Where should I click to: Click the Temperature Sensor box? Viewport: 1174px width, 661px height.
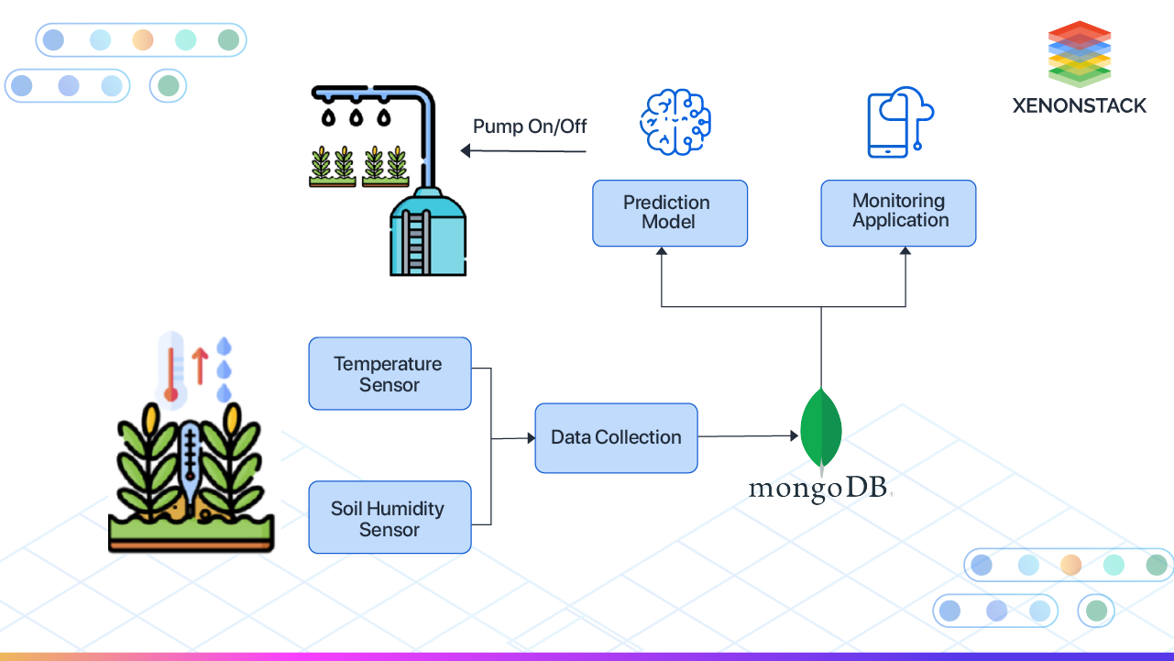point(390,373)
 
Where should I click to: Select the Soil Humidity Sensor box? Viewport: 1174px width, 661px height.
point(390,518)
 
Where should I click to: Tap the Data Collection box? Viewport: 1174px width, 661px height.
point(616,438)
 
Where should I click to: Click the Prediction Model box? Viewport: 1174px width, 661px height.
point(669,213)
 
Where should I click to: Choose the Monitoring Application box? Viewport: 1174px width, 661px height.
point(898,213)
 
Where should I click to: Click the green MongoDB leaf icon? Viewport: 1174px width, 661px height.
point(821,429)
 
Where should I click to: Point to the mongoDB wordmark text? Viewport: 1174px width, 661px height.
point(819,489)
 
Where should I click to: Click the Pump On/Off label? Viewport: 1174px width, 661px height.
point(530,127)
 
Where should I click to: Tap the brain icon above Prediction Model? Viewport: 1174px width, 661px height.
point(675,122)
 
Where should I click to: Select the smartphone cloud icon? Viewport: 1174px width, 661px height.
point(898,122)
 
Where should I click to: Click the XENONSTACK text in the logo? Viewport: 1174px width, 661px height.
point(1079,105)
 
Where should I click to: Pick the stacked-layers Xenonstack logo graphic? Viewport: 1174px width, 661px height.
point(1079,53)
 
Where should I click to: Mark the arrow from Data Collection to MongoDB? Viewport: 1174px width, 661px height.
point(748,437)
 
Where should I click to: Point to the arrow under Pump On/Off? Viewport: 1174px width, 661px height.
point(522,150)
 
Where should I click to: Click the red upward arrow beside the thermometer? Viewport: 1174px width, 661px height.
point(201,364)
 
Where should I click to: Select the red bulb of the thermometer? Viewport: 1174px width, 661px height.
point(170,394)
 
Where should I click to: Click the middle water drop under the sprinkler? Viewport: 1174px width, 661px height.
point(356,118)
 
